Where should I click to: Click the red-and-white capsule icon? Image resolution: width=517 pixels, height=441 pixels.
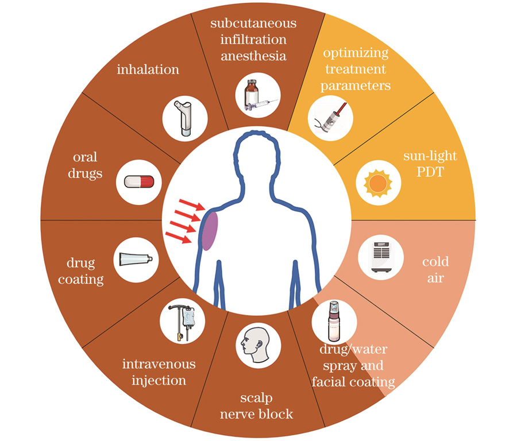tap(138, 182)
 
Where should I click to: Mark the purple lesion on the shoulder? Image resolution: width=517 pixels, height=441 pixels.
tap(210, 231)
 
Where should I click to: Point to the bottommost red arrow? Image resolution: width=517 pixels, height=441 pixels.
tap(180, 237)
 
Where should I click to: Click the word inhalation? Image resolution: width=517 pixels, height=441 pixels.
tap(148, 70)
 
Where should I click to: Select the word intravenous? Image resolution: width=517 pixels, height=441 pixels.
tap(159, 364)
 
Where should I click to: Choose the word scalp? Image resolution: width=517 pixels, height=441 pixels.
tap(256, 399)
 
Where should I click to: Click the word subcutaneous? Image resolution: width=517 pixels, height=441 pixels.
tap(253, 24)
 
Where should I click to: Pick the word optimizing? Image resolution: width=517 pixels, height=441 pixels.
tap(356, 53)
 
